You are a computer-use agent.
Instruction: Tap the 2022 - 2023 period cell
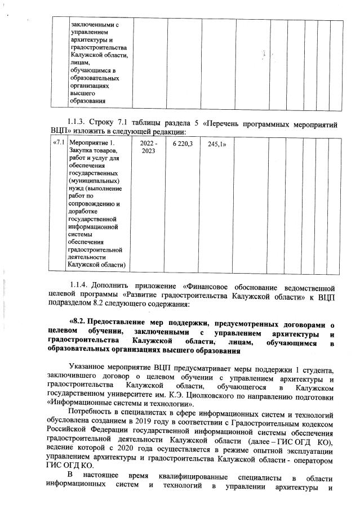[149, 148]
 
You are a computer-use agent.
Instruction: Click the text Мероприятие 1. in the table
[91, 144]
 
